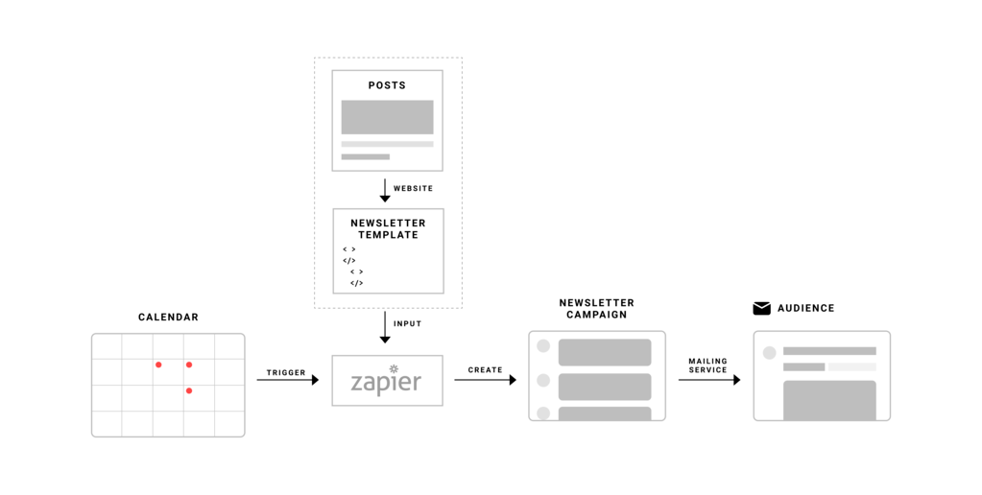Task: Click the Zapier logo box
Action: click(387, 380)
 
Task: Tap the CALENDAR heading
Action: click(168, 318)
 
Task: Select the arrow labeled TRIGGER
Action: click(287, 380)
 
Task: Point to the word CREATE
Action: click(485, 369)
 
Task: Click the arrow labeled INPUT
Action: click(385, 326)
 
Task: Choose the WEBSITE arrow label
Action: click(413, 189)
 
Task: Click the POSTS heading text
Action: click(387, 85)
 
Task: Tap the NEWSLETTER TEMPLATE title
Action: click(388, 229)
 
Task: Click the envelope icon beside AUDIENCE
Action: click(761, 309)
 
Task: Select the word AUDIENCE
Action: click(805, 309)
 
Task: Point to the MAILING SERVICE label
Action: click(707, 365)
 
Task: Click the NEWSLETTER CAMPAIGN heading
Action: click(596, 309)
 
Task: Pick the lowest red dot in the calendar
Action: click(189, 390)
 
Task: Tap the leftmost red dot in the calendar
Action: click(158, 365)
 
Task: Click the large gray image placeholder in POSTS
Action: click(387, 117)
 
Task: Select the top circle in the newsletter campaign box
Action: click(543, 346)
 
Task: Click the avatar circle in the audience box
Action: click(769, 353)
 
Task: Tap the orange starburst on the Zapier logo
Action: click(394, 368)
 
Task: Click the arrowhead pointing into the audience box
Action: click(736, 380)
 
